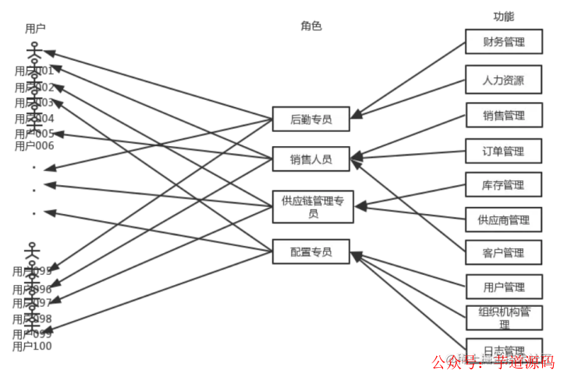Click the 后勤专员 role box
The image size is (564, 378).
(310, 119)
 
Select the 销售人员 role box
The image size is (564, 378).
(310, 159)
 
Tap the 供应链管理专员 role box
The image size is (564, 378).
(312, 207)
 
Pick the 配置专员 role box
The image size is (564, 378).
(310, 251)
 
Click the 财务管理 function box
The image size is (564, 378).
(503, 42)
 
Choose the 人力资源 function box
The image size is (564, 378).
(503, 80)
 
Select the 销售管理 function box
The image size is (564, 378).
(503, 116)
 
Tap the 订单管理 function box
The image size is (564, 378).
(503, 152)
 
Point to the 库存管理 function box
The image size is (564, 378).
(503, 185)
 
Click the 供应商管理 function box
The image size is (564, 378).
(503, 220)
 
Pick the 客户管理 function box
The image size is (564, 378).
(503, 253)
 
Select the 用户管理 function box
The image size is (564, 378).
(503, 287)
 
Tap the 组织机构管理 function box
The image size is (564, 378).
(503, 318)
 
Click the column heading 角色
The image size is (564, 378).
(310, 26)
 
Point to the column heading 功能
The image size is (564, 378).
(503, 16)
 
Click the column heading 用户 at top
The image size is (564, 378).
(35, 29)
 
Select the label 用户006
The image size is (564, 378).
(34, 146)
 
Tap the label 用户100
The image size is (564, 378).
(32, 346)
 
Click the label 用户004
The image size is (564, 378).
(34, 119)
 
